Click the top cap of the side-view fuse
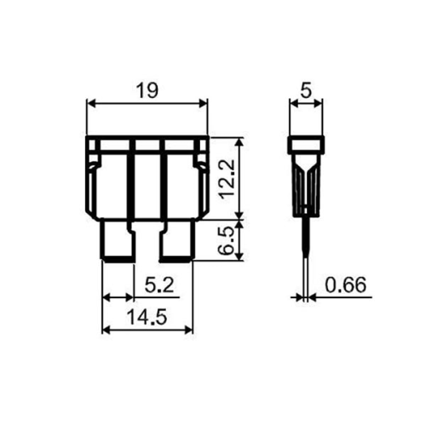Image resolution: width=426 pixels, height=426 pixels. tap(307, 144)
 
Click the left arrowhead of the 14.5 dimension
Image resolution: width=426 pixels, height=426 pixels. tap(106, 329)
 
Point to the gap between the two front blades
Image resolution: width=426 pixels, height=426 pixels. tap(147, 243)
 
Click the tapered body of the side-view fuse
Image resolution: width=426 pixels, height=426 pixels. tap(307, 183)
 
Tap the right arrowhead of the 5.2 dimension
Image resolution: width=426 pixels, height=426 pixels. tap(130, 297)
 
